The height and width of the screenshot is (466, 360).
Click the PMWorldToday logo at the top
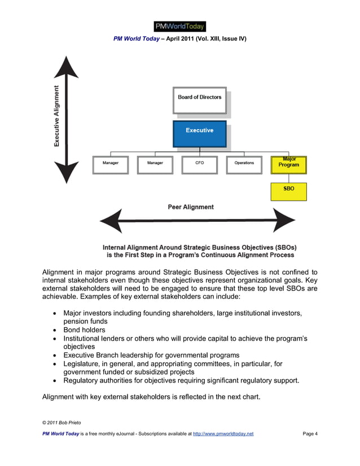pyautogui.click(x=179, y=26)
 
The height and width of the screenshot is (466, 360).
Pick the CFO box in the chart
pyautogui.click(x=199, y=164)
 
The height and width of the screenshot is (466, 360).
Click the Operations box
pyautogui.click(x=244, y=164)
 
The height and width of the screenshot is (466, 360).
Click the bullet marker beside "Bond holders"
pyautogui.click(x=54, y=330)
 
